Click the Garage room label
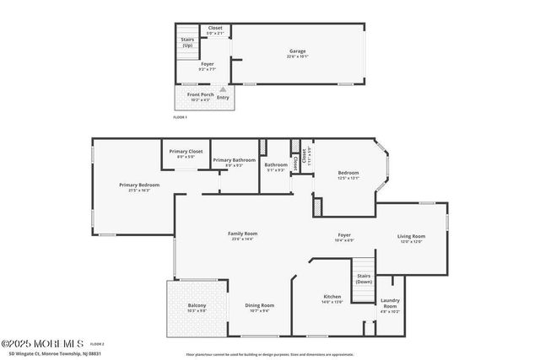(x=298, y=51)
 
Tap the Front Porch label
(x=200, y=94)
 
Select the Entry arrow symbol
(x=223, y=89)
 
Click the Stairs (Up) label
(x=187, y=42)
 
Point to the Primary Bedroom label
(x=139, y=185)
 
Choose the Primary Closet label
(x=186, y=152)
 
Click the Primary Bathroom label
(x=234, y=160)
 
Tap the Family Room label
(x=242, y=234)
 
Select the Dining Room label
(x=259, y=305)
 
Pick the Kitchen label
(x=332, y=297)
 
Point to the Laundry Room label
(x=390, y=302)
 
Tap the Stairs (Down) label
(x=364, y=278)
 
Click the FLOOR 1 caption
(x=180, y=117)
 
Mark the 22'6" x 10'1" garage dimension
(x=298, y=57)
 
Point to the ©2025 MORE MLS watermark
(x=42, y=343)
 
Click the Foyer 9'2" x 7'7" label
(x=208, y=67)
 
